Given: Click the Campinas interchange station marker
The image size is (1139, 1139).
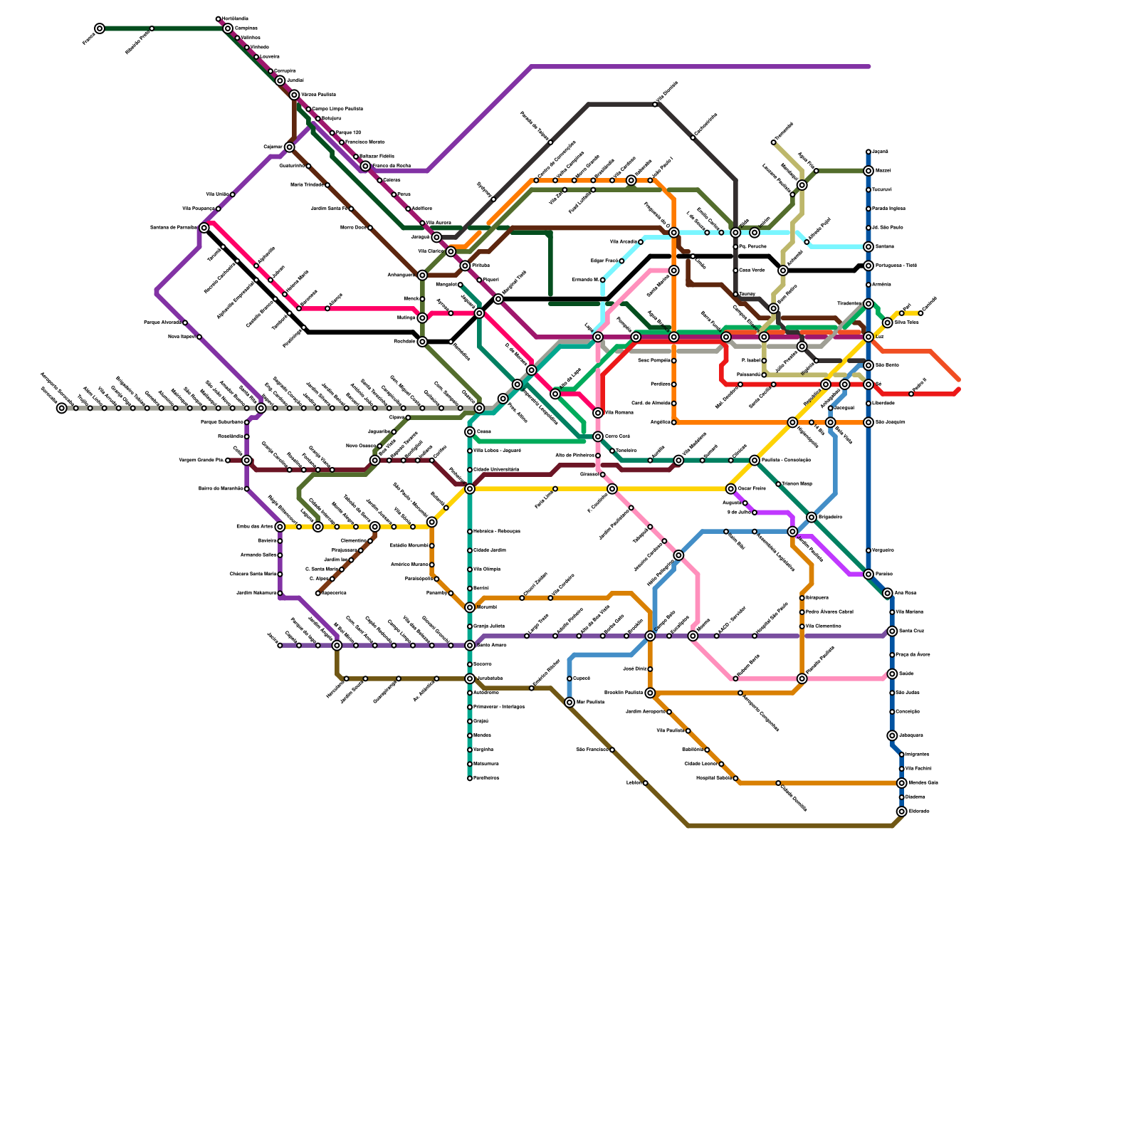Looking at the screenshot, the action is point(228,28).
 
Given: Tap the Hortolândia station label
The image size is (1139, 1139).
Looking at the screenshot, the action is point(235,19).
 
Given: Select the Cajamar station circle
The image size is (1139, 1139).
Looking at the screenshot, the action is point(289,147).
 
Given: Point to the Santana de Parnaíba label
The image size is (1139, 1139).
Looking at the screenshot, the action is point(173,228).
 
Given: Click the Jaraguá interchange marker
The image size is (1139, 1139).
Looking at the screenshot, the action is point(436,237).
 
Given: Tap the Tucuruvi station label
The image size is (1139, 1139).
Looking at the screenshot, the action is point(881,190).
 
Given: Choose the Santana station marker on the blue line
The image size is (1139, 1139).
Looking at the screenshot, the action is point(868,247).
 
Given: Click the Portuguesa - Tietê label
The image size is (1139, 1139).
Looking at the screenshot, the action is point(895,266).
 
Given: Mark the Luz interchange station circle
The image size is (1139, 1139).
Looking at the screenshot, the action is point(868,337).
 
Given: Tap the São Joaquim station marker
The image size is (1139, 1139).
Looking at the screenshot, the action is point(868,422).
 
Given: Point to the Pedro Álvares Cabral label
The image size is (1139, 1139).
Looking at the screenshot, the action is point(829,612).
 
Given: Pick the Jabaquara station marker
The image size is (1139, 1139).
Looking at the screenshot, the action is point(892,735).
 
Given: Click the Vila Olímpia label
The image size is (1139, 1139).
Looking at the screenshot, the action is point(486,569).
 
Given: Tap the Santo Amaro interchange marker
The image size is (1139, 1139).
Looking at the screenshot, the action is point(470,646).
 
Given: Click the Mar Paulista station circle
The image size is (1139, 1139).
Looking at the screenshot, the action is point(569,703).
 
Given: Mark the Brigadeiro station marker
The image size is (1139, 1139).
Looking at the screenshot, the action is point(812,517).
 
